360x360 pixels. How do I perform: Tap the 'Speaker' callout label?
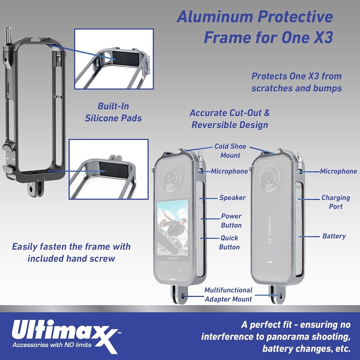[232, 198]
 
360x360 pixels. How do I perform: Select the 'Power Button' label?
[231, 221]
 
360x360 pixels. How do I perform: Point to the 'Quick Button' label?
[229, 242]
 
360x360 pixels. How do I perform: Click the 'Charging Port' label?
[336, 202]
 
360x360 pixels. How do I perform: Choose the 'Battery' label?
[334, 236]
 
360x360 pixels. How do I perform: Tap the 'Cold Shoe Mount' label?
[230, 151]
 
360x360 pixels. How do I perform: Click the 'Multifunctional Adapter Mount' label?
[229, 294]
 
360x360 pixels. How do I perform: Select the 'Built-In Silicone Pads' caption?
[113, 112]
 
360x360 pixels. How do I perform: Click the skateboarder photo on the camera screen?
[172, 227]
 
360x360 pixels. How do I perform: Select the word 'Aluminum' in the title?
[215, 17]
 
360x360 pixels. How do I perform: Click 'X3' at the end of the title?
[323, 37]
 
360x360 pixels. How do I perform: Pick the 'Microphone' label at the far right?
[338, 171]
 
